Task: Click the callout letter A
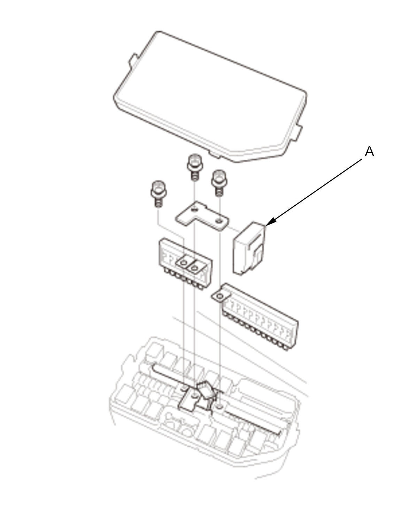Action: [x=369, y=152]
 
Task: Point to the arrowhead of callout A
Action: [x=270, y=222]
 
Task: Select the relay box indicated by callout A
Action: [x=249, y=248]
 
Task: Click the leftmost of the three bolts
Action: [x=158, y=193]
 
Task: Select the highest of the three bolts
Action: [x=195, y=167]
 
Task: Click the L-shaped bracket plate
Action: [x=202, y=216]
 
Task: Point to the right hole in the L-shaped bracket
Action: [x=219, y=221]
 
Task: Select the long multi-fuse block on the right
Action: [x=255, y=317]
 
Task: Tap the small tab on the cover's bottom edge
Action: [x=215, y=155]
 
